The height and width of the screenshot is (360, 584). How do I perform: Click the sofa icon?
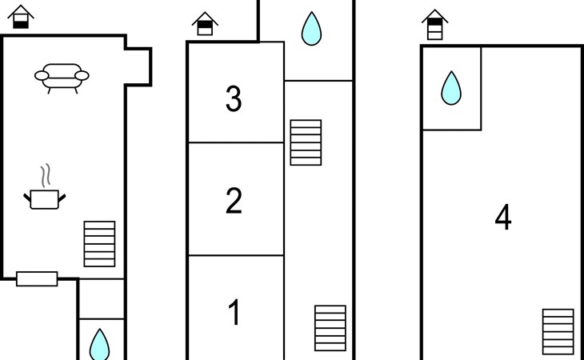pyautogui.click(x=62, y=77)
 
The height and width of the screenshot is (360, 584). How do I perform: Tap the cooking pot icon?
pyautogui.click(x=44, y=198)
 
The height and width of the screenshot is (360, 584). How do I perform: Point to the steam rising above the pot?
pyautogui.click(x=46, y=174)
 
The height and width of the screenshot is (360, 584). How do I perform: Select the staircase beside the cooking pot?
pyautogui.click(x=100, y=243)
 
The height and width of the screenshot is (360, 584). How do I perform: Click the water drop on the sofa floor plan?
pyautogui.click(x=99, y=344)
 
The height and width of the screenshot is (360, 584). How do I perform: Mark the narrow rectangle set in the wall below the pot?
pyautogui.click(x=37, y=278)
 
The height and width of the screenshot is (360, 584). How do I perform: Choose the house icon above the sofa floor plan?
pyautogui.click(x=22, y=17)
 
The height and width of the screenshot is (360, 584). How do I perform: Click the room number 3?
pyautogui.click(x=234, y=99)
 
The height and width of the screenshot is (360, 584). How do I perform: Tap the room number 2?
pyautogui.click(x=234, y=201)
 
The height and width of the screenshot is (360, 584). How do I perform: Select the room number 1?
pyautogui.click(x=234, y=313)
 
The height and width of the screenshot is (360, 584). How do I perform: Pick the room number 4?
pyautogui.click(x=502, y=218)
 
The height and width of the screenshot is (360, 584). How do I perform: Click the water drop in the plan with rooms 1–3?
pyautogui.click(x=310, y=29)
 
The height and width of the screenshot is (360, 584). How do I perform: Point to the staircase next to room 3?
pyautogui.click(x=306, y=142)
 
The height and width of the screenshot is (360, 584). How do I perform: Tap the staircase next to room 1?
pyautogui.click(x=330, y=328)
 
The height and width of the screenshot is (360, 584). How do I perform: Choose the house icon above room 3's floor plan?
pyautogui.click(x=206, y=23)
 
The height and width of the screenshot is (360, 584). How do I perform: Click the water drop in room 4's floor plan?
pyautogui.click(x=451, y=88)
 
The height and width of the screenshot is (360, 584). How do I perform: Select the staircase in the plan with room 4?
pyautogui.click(x=558, y=332)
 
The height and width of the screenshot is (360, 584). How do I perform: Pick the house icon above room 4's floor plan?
pyautogui.click(x=434, y=24)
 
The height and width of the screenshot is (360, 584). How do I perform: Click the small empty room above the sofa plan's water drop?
pyautogui.click(x=102, y=298)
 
